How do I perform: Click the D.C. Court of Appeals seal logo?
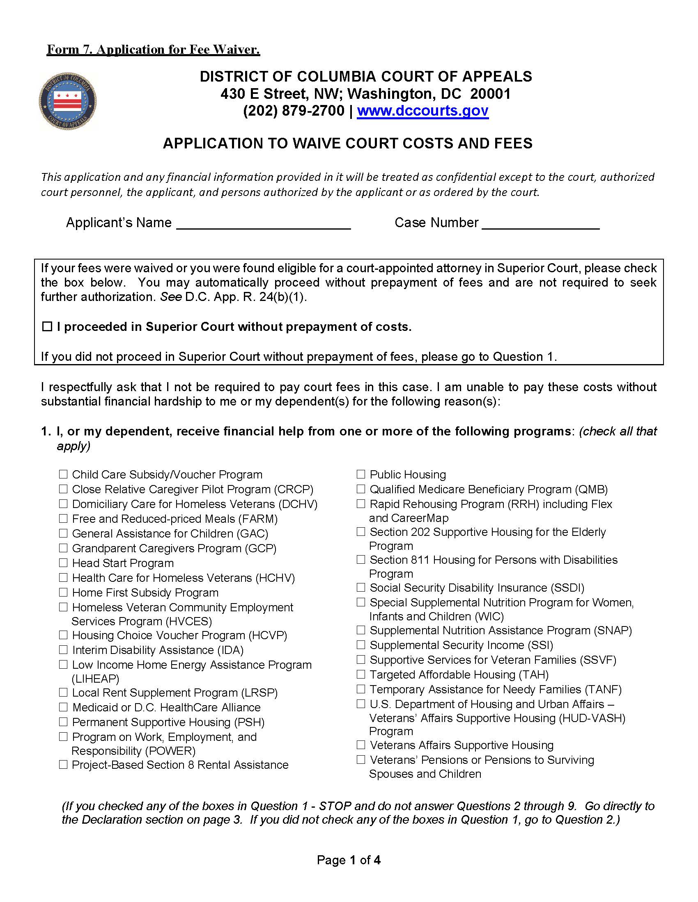pyautogui.click(x=67, y=102)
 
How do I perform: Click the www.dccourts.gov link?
pyautogui.click(x=422, y=111)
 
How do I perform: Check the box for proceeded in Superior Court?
pyautogui.click(x=48, y=327)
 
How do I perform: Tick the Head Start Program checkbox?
pyautogui.click(x=63, y=563)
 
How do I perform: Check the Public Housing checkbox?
pyautogui.click(x=361, y=474)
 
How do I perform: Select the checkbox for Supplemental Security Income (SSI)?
pyautogui.click(x=361, y=645)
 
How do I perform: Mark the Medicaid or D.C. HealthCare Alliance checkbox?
pyautogui.click(x=63, y=707)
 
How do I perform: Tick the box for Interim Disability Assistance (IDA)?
pyautogui.click(x=63, y=650)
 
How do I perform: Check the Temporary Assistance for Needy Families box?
pyautogui.click(x=361, y=689)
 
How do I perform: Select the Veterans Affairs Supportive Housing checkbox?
pyautogui.click(x=361, y=745)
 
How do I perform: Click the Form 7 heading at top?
pyautogui.click(x=154, y=50)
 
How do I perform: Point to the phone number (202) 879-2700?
pyautogui.click(x=294, y=111)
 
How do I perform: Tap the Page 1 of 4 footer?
pyautogui.click(x=349, y=860)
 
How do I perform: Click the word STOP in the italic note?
pyautogui.click(x=335, y=806)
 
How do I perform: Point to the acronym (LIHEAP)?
pyautogui.click(x=96, y=679)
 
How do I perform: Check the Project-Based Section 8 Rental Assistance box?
pyautogui.click(x=63, y=765)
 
